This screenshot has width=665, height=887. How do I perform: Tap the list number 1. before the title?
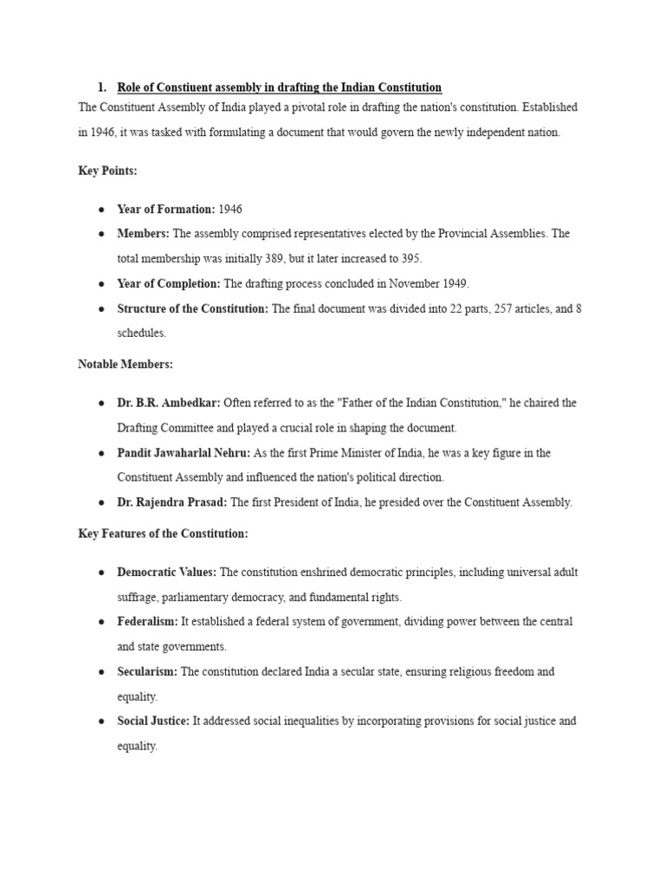[101, 87]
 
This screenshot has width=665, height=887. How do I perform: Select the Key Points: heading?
[107, 172]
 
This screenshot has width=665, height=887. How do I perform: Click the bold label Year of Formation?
[165, 210]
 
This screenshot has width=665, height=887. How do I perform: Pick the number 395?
[409, 259]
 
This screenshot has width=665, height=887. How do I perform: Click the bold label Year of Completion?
[170, 283]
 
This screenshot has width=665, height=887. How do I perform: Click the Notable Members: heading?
[125, 365]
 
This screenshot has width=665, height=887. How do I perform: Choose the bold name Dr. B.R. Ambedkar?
[169, 403]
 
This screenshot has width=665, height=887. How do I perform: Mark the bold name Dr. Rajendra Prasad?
[172, 502]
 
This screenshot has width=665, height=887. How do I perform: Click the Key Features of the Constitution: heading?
[163, 534]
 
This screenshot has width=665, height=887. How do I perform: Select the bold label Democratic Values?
[167, 573]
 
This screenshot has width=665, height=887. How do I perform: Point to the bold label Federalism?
[148, 622]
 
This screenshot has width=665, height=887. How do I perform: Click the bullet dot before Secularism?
[101, 672]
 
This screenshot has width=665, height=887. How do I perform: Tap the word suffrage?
[137, 598]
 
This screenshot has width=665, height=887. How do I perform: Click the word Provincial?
[460, 234]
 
